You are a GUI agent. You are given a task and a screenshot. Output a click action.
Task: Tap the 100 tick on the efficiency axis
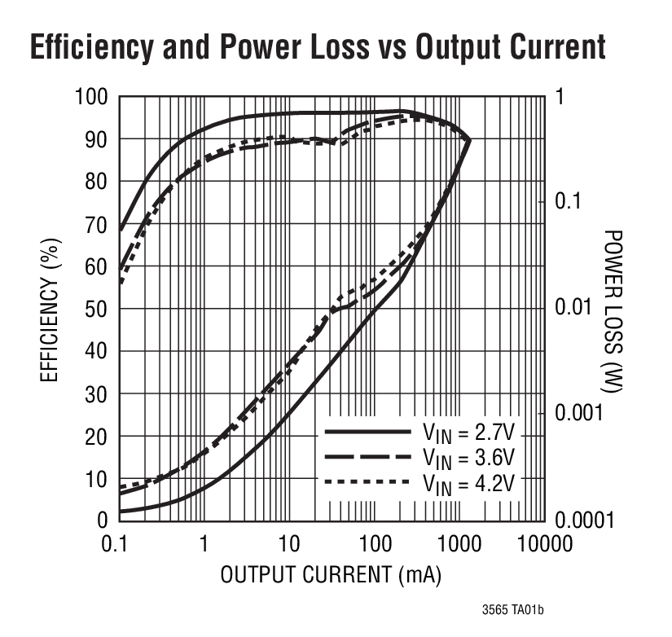92,98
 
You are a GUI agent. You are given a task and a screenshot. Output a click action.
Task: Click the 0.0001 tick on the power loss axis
586,520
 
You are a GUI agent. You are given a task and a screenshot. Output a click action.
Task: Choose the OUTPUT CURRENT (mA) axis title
331,575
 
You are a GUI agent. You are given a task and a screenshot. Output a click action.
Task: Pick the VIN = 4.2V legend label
468,481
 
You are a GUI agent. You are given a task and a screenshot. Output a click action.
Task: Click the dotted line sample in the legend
367,482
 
